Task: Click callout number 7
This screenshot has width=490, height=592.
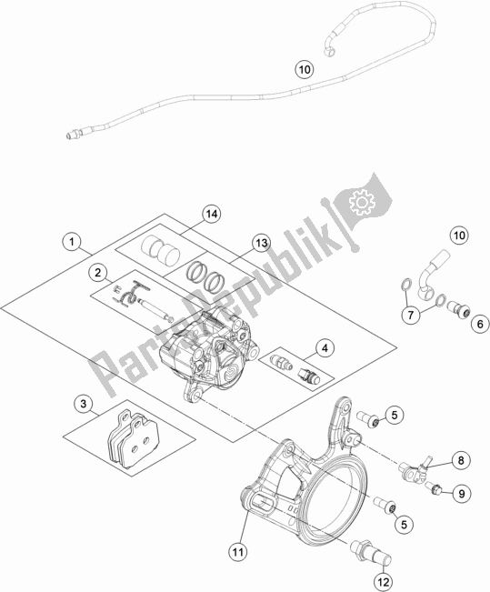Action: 412,315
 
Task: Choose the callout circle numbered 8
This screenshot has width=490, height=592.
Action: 461,462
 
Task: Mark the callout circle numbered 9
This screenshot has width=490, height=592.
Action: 463,494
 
